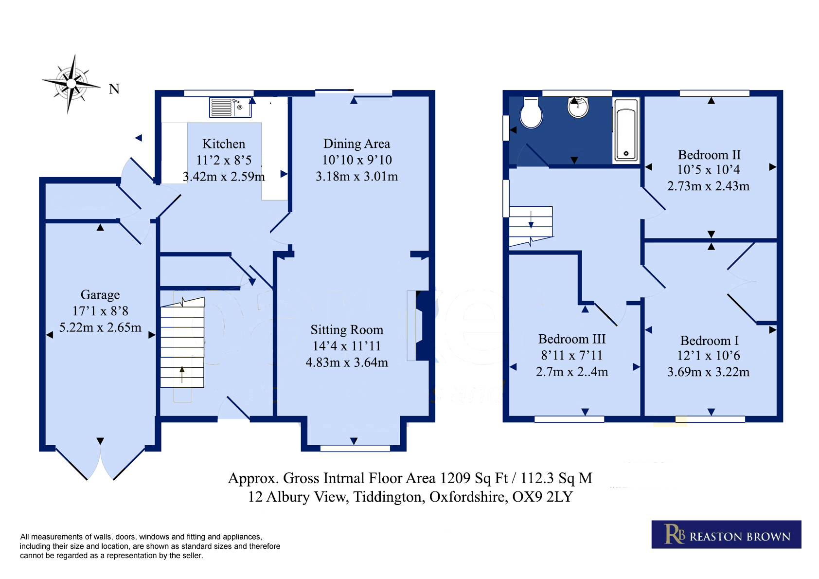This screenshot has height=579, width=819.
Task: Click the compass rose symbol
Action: point(71,84)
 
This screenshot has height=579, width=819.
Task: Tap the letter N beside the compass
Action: point(114,89)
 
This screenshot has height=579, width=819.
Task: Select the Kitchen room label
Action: point(224,144)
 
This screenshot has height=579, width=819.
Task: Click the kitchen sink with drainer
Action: point(231,107)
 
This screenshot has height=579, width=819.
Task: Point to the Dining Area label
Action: point(356,144)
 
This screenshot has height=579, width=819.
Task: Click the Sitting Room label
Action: point(347,329)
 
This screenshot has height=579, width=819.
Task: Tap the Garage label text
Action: point(100,295)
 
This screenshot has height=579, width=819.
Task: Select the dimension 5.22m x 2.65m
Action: point(100,327)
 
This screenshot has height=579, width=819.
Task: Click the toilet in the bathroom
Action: point(531,113)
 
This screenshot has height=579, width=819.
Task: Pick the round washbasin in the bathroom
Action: point(578,107)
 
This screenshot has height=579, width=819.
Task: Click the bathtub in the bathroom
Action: point(626,130)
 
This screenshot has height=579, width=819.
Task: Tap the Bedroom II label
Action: point(709,155)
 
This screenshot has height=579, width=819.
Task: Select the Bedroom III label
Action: point(572,339)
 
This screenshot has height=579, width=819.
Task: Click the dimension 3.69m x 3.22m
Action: point(708,372)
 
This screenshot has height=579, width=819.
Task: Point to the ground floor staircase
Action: point(182,343)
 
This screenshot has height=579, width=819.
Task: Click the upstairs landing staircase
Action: point(531,226)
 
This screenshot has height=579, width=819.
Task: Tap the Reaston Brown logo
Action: point(726,534)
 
